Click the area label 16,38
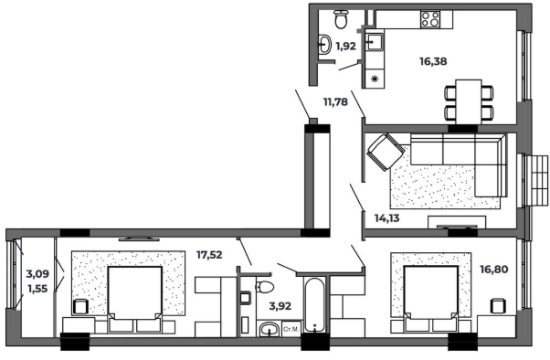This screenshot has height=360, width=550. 433,61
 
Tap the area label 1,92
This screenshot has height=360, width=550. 346,46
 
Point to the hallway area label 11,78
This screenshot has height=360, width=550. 335,102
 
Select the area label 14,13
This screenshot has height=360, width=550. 386,218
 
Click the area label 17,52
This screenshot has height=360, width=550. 209,255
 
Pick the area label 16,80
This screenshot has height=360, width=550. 494,270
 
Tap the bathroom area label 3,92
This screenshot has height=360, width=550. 280,306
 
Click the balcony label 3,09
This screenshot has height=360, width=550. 37,274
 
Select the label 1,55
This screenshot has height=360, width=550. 37,289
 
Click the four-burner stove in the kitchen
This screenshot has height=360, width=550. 430,19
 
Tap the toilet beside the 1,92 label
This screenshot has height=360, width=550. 342,19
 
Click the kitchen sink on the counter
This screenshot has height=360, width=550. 375,42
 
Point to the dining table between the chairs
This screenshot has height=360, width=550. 469,101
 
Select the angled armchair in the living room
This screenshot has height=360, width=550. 386,152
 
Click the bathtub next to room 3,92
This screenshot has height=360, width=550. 315,305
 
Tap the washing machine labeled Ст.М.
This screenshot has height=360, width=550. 291,329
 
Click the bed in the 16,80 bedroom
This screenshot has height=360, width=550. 431,298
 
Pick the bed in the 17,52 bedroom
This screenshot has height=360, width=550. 135,299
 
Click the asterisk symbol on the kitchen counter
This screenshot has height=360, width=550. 375,79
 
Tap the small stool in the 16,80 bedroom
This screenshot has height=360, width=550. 498,305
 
